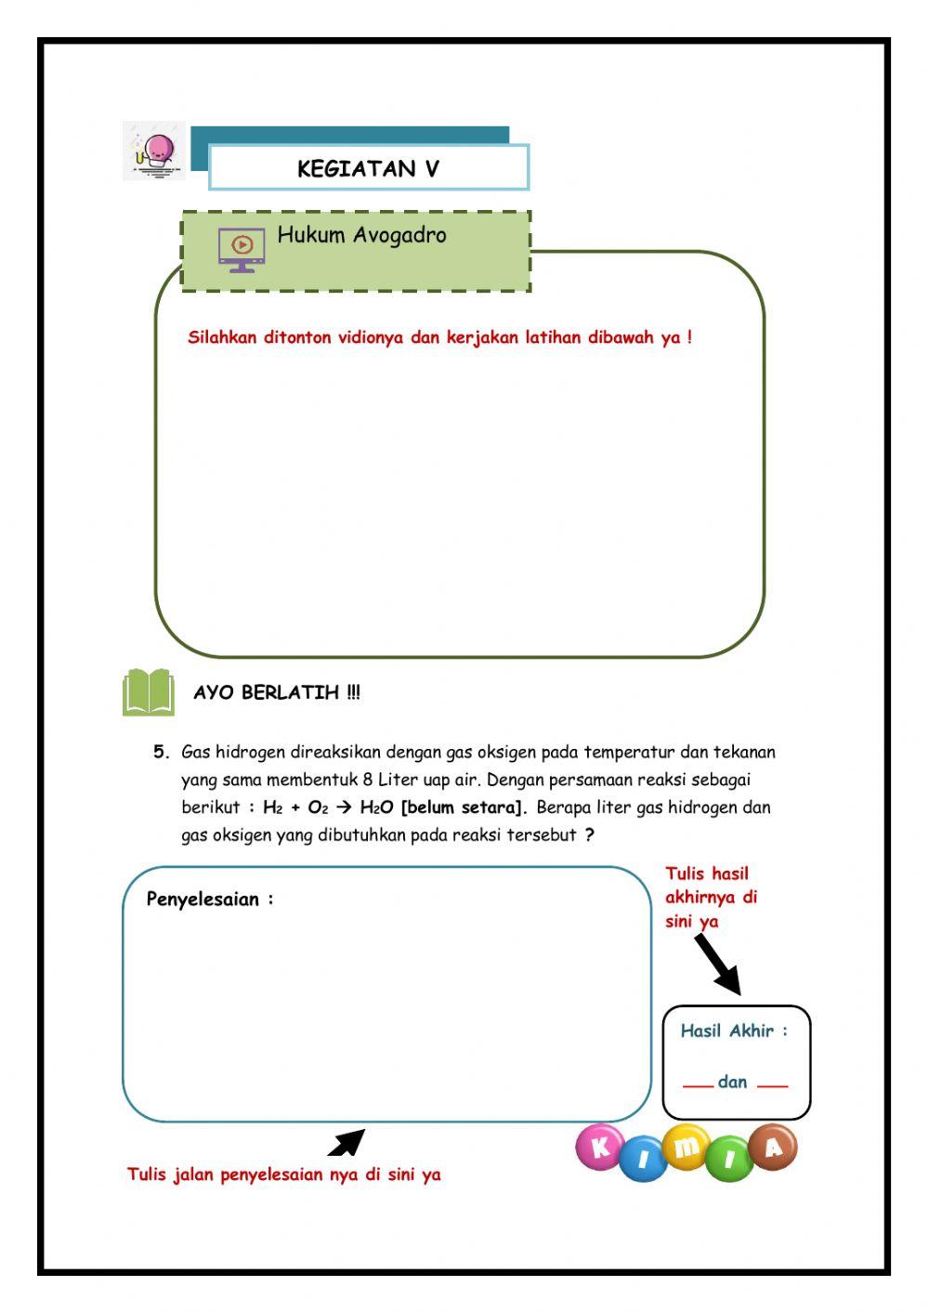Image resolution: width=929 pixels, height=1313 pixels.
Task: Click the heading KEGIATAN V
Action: pyautogui.click(x=368, y=169)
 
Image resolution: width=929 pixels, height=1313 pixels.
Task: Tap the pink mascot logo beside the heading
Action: pyautogui.click(x=155, y=151)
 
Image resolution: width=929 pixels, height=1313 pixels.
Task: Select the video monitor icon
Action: pyautogui.click(x=242, y=248)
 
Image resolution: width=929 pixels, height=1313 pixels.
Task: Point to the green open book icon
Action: pyautogui.click(x=149, y=692)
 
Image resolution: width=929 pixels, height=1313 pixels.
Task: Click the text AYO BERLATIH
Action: pyautogui.click(x=277, y=692)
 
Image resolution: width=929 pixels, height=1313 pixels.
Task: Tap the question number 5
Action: pyautogui.click(x=161, y=752)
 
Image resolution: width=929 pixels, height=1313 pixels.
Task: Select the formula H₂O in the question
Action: pyautogui.click(x=376, y=807)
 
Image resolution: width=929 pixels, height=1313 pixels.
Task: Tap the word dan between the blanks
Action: pyautogui.click(x=733, y=1082)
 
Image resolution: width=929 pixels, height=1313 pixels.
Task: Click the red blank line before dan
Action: pyautogui.click(x=698, y=1085)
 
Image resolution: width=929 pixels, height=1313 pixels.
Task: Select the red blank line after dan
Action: pyautogui.click(x=772, y=1085)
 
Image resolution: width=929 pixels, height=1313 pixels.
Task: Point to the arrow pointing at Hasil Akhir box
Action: pyautogui.click(x=718, y=965)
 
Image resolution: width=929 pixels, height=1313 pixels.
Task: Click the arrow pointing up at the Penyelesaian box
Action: pyautogui.click(x=347, y=1142)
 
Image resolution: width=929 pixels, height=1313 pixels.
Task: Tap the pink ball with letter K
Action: pyautogui.click(x=600, y=1147)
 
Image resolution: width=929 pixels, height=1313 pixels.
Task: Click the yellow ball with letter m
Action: pyautogui.click(x=687, y=1147)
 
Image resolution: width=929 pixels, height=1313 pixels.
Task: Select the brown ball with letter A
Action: pyautogui.click(x=773, y=1147)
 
